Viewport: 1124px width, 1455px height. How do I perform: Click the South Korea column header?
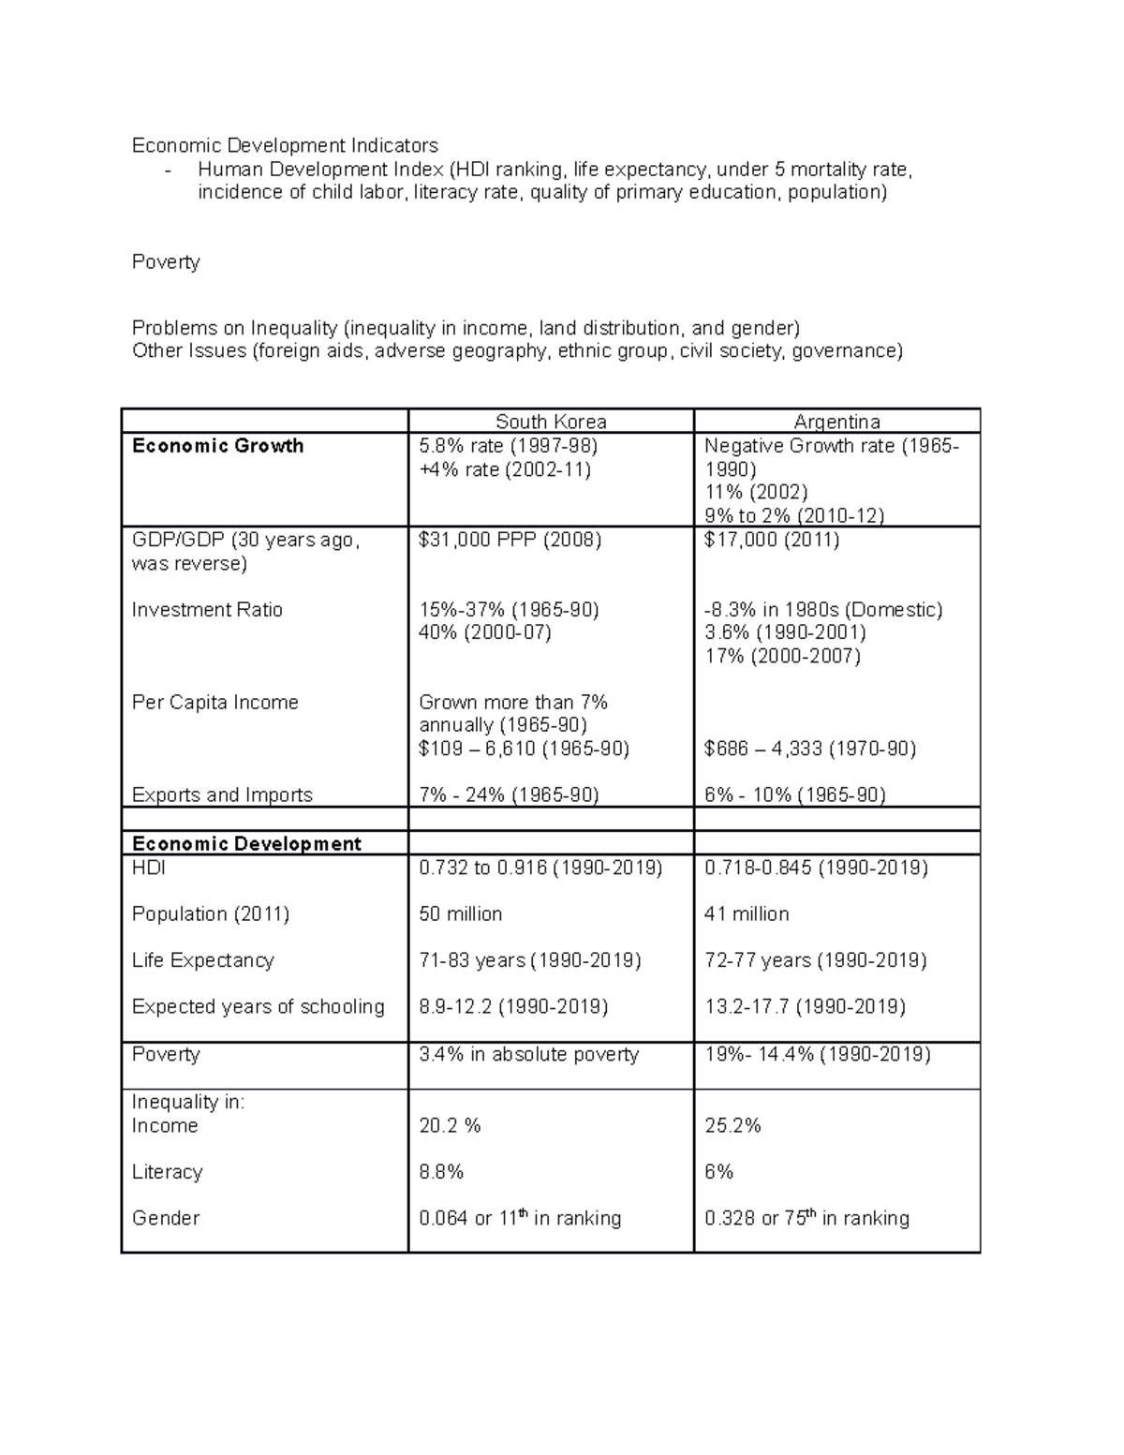click(551, 423)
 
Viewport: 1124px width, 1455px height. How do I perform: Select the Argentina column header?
click(836, 423)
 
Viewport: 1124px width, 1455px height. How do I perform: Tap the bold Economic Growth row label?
click(217, 446)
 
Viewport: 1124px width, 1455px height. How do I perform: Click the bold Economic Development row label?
click(246, 844)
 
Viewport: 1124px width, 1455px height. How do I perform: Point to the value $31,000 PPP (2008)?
click(510, 540)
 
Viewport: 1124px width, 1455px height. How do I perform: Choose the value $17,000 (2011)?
click(772, 540)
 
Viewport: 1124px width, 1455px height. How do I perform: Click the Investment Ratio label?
click(207, 610)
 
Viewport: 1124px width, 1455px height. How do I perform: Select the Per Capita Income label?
click(214, 703)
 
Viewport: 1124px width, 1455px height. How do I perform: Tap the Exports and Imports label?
click(222, 795)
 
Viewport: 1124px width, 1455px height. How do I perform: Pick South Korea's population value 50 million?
click(460, 914)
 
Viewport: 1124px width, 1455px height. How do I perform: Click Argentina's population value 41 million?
click(747, 914)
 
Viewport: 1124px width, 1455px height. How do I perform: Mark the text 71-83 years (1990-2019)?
click(530, 960)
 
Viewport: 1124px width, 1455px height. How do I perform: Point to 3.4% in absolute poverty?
click(528, 1055)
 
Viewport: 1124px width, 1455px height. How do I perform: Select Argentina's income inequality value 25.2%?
click(732, 1126)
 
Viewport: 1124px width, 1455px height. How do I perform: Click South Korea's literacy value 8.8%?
click(441, 1172)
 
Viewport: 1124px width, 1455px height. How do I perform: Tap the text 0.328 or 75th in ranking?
click(806, 1218)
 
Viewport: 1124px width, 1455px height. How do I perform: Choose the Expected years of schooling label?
click(259, 1007)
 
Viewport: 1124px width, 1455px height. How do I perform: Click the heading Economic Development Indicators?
click(285, 145)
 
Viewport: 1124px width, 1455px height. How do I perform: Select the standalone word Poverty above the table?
click(166, 262)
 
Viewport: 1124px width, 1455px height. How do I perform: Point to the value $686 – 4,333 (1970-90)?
click(810, 749)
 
